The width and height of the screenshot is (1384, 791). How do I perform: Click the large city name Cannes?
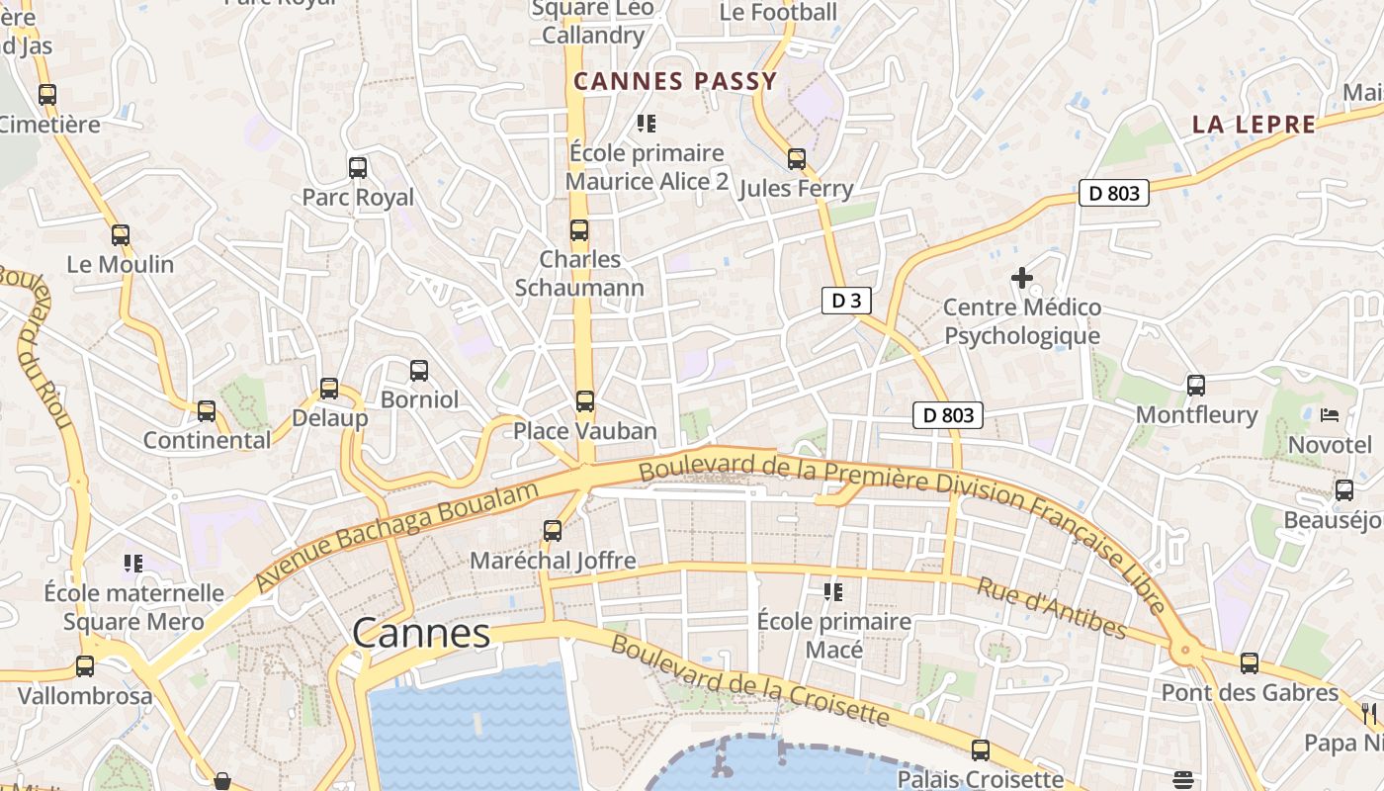click(421, 634)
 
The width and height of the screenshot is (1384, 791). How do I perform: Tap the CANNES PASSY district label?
click(675, 81)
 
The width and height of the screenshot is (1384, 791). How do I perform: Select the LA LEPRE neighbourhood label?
click(1254, 125)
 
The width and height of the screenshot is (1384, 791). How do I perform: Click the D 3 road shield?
click(846, 301)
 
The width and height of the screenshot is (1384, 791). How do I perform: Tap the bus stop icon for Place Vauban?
click(585, 401)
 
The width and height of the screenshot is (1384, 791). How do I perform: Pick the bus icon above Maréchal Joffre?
click(553, 531)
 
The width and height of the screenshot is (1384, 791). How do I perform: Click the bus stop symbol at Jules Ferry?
click(797, 159)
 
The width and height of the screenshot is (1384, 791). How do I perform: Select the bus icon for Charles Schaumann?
click(579, 230)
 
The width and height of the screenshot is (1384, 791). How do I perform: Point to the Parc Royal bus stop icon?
click(358, 168)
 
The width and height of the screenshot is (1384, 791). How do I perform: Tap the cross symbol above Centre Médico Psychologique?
click(1022, 279)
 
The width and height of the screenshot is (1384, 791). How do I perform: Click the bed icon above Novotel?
click(1330, 415)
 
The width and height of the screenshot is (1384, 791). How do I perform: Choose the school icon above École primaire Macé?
click(833, 592)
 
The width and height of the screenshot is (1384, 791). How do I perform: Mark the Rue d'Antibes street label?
click(1052, 608)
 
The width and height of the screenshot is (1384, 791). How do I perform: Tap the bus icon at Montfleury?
click(1196, 386)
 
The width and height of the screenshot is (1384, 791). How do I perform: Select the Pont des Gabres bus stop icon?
click(1250, 663)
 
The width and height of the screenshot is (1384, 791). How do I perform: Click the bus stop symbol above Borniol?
click(419, 371)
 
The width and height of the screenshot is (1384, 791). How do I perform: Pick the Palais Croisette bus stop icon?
click(980, 750)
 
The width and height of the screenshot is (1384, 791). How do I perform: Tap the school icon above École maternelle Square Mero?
click(133, 564)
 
